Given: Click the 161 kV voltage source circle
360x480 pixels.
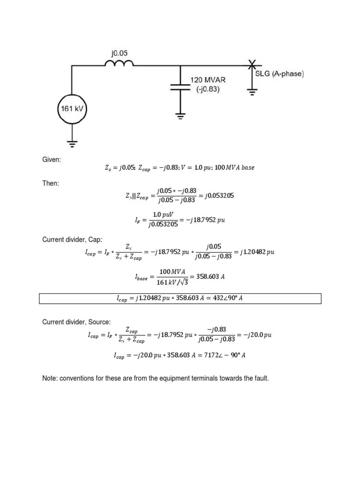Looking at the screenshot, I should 72,110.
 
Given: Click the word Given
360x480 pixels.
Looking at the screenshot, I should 52,160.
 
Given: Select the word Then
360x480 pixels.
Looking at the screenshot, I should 51,183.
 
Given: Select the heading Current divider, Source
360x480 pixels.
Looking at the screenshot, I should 76,322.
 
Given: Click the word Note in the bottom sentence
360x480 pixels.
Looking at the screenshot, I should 50,378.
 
